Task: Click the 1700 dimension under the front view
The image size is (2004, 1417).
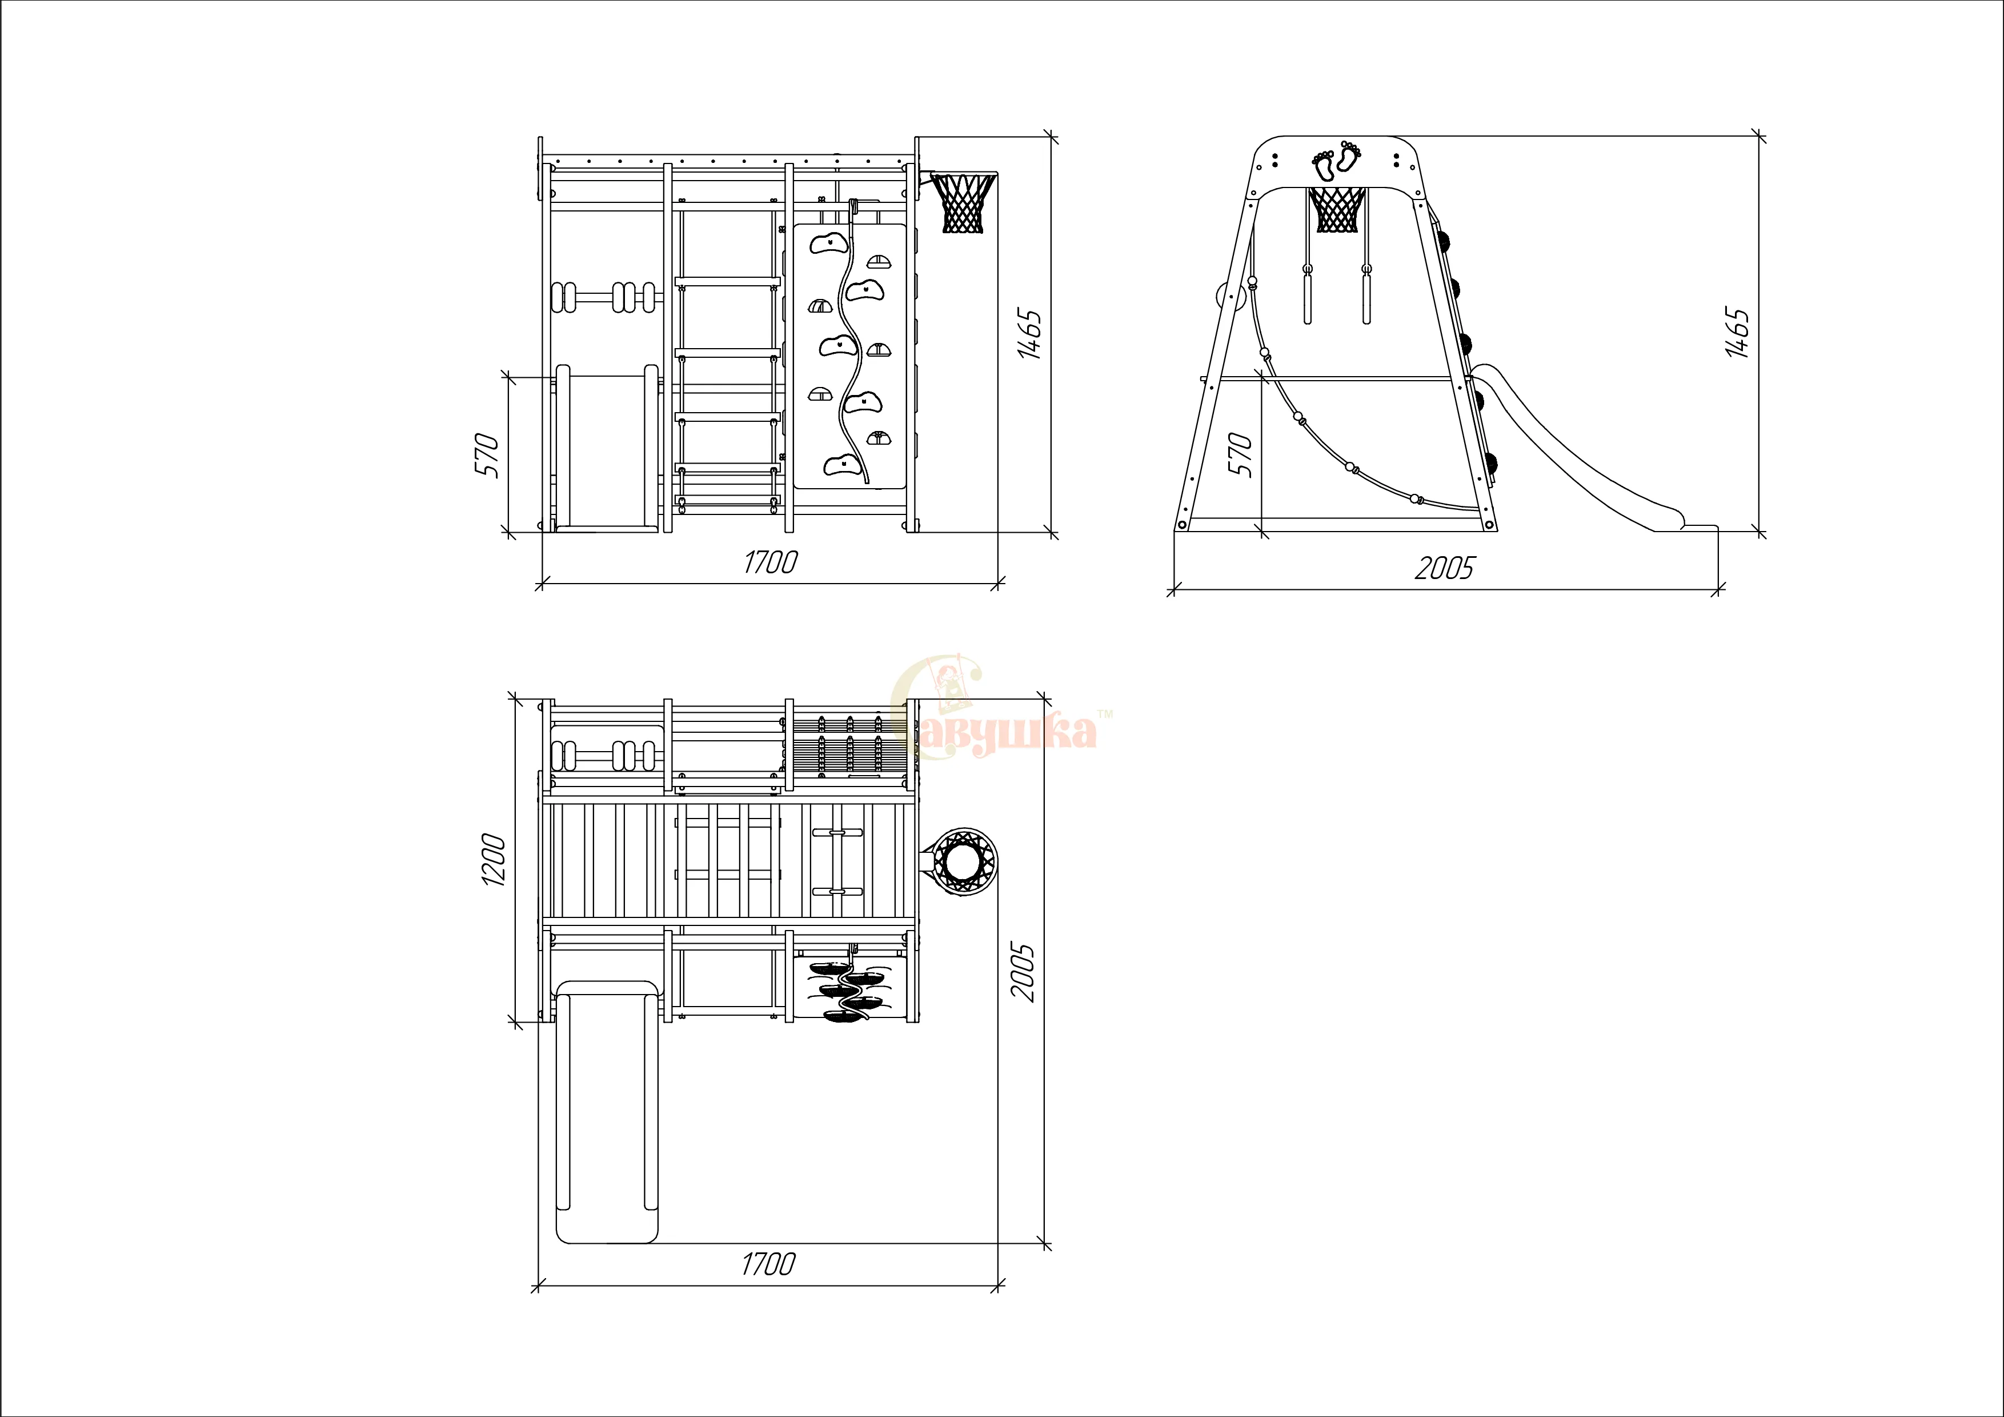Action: click(770, 562)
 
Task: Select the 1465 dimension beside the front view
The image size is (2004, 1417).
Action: click(1030, 333)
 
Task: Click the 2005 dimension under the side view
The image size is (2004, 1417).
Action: click(1444, 568)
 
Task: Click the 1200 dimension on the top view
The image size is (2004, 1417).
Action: click(493, 860)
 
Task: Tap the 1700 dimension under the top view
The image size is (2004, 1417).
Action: click(768, 1264)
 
